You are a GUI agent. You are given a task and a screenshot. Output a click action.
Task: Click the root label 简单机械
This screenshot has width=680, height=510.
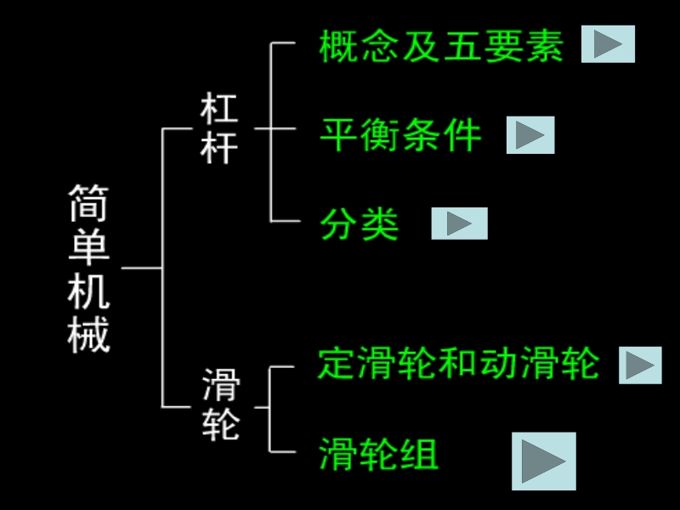(x=89, y=269)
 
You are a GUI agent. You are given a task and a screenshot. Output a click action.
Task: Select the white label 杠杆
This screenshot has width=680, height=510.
(x=219, y=129)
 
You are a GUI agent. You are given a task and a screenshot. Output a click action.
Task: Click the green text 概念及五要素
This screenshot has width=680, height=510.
(x=441, y=47)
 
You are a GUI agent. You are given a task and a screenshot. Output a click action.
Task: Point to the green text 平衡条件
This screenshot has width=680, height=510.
(x=401, y=135)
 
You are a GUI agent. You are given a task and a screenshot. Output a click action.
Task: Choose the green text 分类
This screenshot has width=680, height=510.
(x=360, y=224)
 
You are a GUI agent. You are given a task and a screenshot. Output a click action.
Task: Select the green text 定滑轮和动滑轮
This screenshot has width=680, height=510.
(x=459, y=364)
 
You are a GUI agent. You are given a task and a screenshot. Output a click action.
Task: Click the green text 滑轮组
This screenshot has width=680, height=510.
(x=379, y=454)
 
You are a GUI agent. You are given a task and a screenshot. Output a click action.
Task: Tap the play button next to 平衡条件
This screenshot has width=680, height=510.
(x=530, y=135)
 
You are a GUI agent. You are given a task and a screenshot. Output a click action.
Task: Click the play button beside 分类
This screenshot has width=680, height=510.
(x=459, y=224)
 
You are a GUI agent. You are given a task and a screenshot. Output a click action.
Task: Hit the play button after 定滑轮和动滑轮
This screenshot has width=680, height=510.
(x=640, y=365)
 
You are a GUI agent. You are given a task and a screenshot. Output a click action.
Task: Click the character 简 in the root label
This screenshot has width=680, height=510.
(x=89, y=205)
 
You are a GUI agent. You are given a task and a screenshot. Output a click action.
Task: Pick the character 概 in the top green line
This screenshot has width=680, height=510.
(x=338, y=47)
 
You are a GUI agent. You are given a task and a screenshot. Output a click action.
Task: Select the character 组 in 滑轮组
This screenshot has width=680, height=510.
(x=420, y=454)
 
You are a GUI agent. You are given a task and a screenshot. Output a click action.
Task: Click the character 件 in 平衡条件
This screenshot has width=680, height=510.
(x=463, y=135)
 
